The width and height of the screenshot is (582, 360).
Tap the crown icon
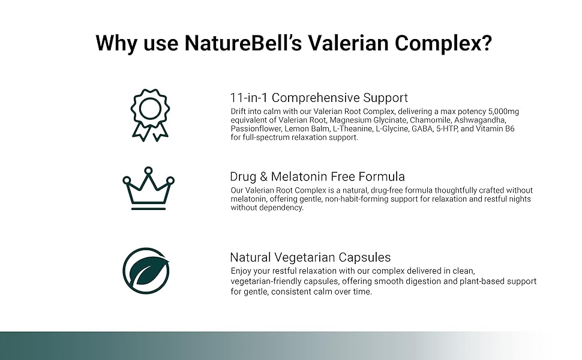click(148, 188)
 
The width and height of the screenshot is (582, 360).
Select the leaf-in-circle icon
click(146, 271)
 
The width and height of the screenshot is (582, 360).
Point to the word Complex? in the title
click(443, 44)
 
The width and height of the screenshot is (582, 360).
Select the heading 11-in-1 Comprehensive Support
click(319, 98)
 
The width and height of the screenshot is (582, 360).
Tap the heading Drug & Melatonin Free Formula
click(317, 176)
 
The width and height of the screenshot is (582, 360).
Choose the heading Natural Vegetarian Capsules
click(310, 257)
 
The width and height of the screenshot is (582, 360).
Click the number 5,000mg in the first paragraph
click(503, 112)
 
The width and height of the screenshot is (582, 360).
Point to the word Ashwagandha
click(480, 120)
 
